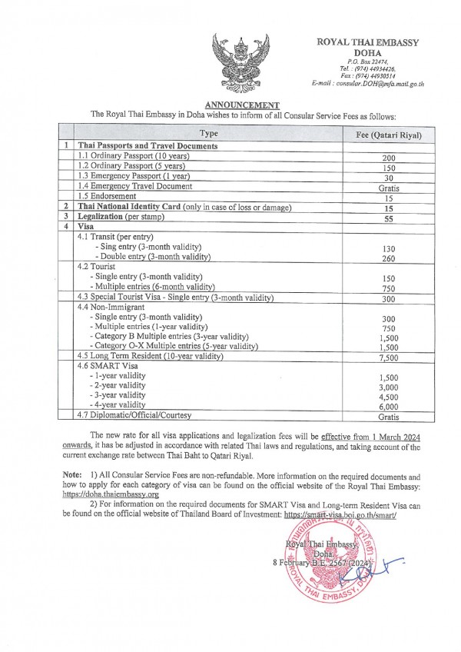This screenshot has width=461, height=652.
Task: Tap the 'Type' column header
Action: pyautogui.click(x=209, y=134)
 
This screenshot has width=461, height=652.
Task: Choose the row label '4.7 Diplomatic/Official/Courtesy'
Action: pyautogui.click(x=134, y=416)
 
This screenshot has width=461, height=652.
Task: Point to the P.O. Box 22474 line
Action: pyautogui.click(x=368, y=61)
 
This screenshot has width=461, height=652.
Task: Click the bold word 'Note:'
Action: pyautogui.click(x=74, y=477)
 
